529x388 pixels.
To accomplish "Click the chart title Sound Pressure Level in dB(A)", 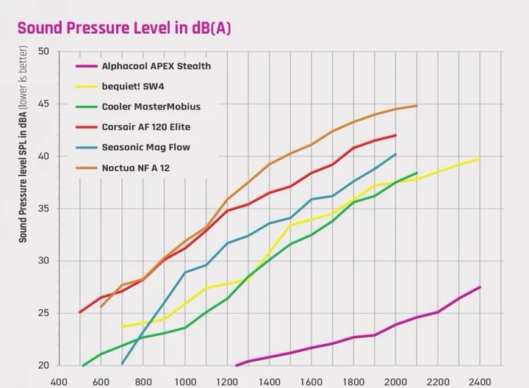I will (126, 29).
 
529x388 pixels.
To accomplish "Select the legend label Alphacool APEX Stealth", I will (156, 66).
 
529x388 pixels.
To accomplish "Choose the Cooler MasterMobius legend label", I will (151, 107).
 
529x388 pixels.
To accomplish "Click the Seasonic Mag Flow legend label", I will (145, 147).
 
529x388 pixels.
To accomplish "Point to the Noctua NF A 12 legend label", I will (140, 168).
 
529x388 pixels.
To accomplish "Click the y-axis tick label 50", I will (43, 51).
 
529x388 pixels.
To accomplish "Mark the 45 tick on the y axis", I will (43, 104).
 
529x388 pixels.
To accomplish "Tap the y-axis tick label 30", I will (43, 261).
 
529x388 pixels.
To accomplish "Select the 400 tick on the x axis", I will (59, 381).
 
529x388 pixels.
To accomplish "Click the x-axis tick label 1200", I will (227, 381).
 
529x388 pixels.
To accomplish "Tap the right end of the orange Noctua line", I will (417, 106).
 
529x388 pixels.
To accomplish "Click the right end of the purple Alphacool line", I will (480, 287).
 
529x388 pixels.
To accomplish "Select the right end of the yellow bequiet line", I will (480, 159).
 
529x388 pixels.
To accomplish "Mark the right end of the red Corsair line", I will (396, 135).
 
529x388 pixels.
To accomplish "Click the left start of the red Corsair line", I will (80, 312).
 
